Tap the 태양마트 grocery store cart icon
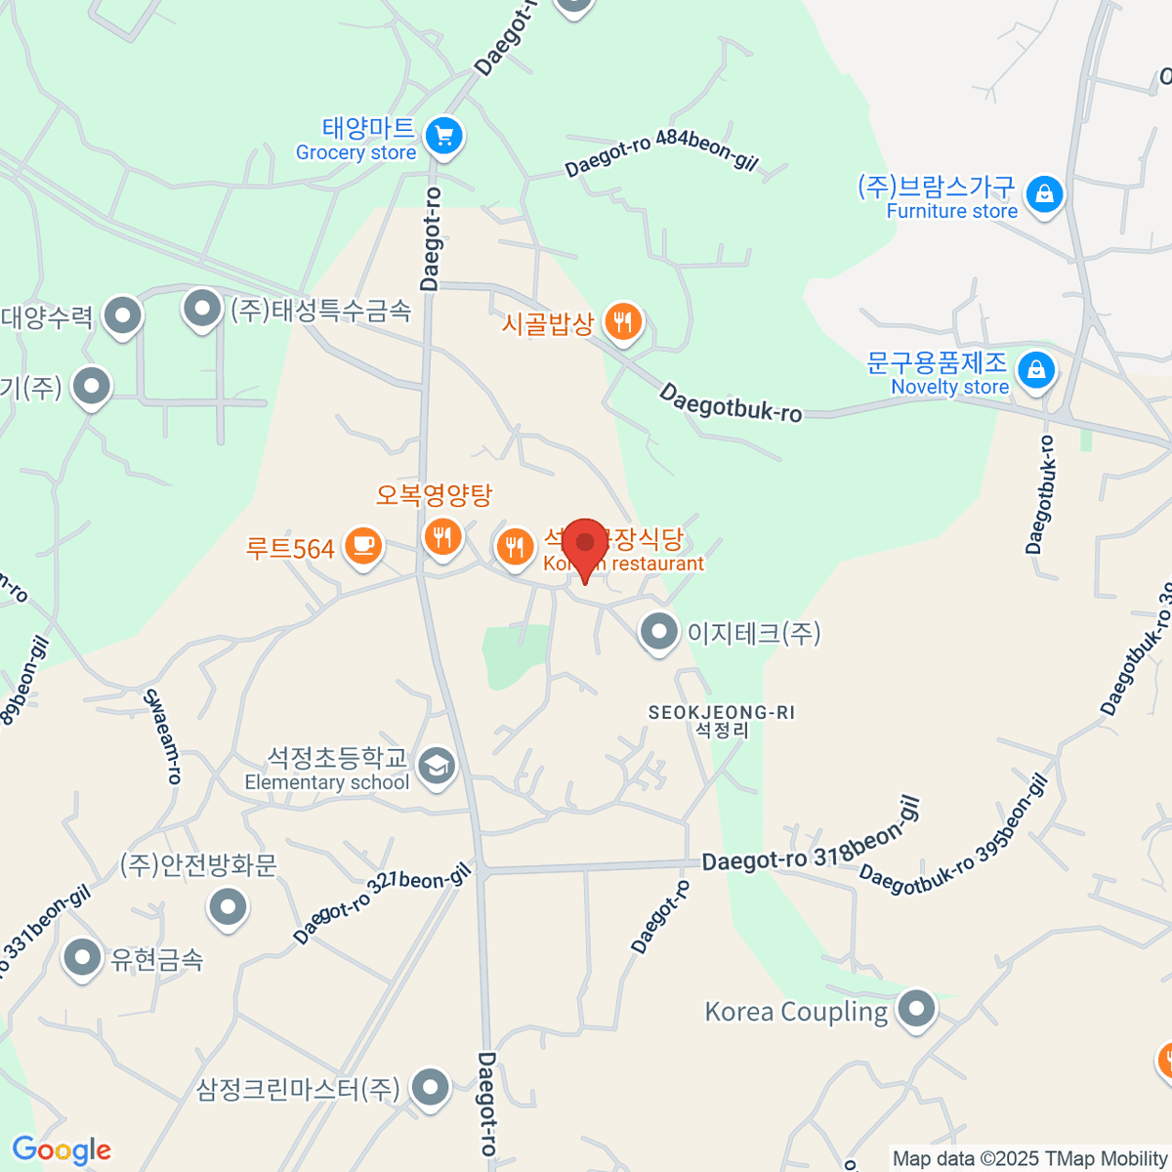tap(444, 136)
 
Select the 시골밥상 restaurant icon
tap(622, 320)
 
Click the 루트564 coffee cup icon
tap(363, 545)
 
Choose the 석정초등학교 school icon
tap(436, 767)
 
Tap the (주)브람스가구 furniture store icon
tap(1044, 194)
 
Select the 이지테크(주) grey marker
tap(658, 632)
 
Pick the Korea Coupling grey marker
tap(916, 1009)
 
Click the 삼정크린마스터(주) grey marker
tap(430, 1087)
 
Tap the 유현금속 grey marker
tap(82, 958)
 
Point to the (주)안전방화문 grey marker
tap(228, 907)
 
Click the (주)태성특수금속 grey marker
tap(202, 310)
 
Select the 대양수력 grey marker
tap(123, 315)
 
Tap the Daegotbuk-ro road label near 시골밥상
tap(731, 402)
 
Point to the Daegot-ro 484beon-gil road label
tap(661, 152)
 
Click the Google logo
tap(61, 1151)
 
